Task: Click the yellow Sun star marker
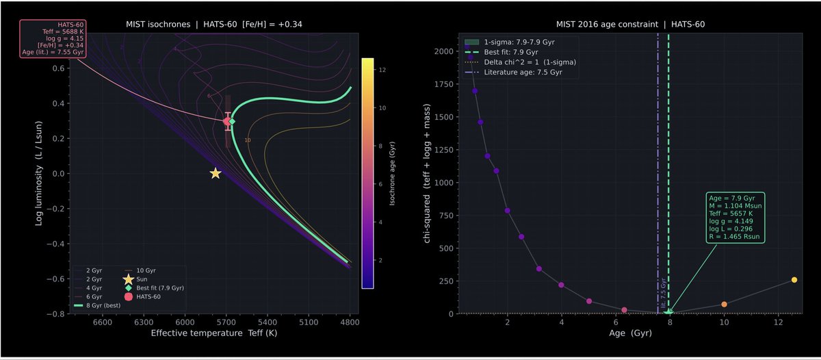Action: (216, 174)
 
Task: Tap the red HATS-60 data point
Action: (227, 121)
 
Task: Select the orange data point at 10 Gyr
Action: (724, 305)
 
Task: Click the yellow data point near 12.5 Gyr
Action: (794, 280)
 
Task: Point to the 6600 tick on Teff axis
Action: (102, 322)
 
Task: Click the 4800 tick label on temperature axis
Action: (350, 322)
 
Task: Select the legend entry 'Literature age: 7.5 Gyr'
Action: (523, 72)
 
